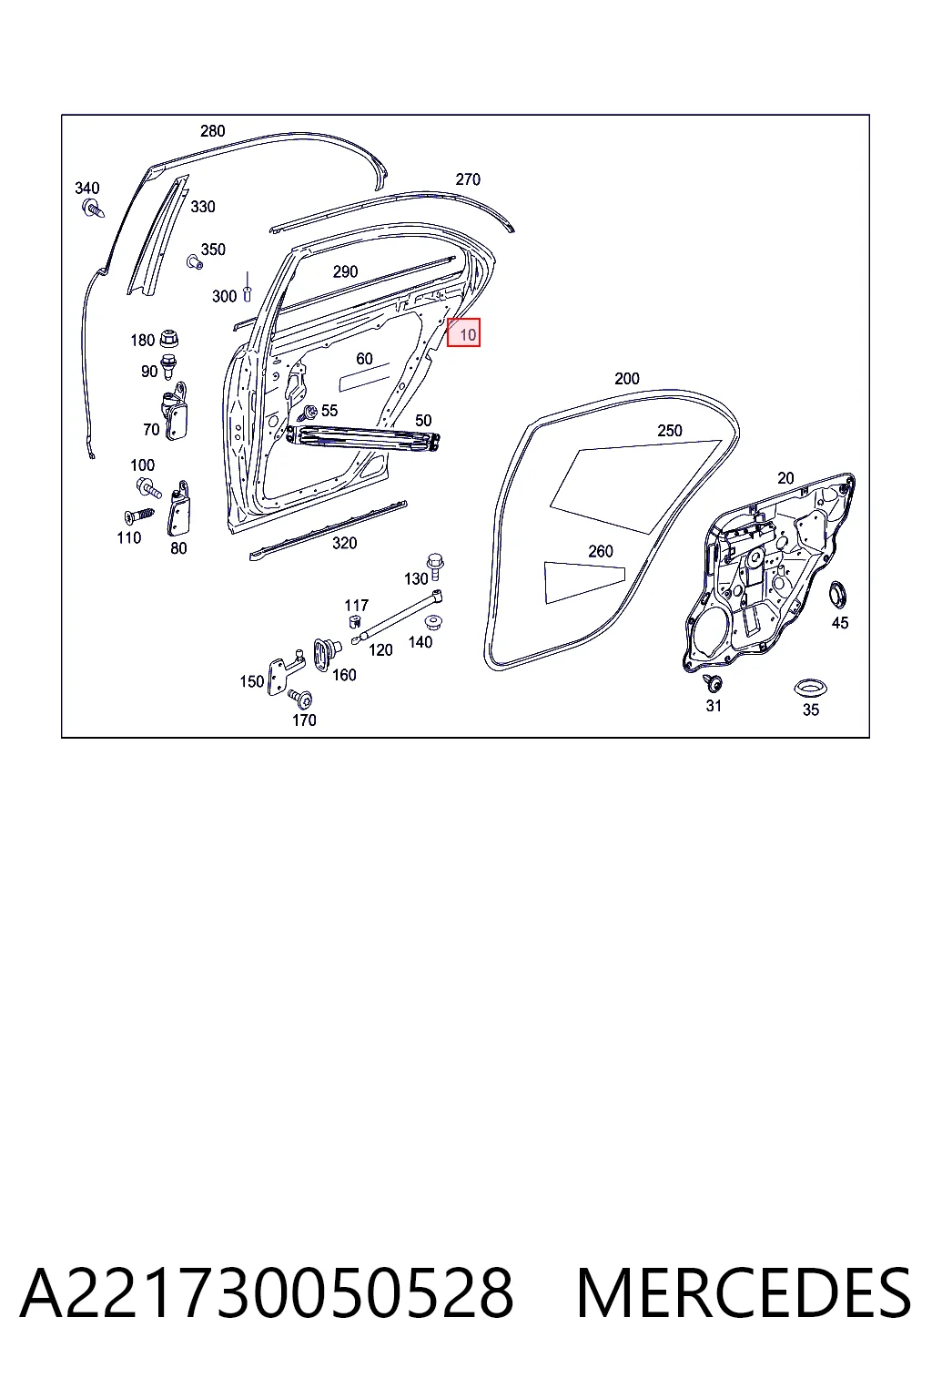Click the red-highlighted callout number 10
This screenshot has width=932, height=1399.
coord(468,335)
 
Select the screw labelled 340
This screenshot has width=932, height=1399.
coord(93,208)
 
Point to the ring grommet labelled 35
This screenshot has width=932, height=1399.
coord(810,689)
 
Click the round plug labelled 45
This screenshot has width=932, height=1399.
coord(837,594)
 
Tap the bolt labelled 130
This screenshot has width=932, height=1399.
coord(434,567)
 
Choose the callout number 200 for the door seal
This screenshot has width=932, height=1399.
coord(627,379)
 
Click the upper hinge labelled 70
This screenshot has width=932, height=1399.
coord(176,412)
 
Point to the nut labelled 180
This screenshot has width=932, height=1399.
coord(168,339)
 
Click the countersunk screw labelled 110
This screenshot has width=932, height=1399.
coord(138,516)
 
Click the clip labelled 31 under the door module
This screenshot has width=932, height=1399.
coord(712,682)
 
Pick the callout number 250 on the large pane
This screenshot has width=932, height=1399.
coord(669,430)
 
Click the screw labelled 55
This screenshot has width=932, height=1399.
coord(307,413)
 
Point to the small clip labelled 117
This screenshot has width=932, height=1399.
coord(355,621)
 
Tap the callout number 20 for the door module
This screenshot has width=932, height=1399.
coord(785,478)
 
